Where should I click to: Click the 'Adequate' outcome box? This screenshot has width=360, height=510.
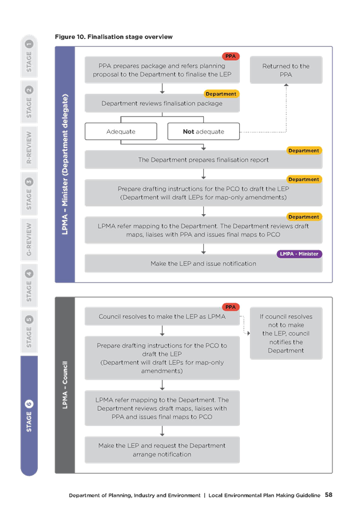[x=121, y=131]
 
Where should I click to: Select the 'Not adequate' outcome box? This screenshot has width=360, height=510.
[x=203, y=131]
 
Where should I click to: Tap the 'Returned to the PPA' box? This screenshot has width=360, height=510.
[x=286, y=70]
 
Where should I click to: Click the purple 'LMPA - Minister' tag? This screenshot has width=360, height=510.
[x=299, y=254]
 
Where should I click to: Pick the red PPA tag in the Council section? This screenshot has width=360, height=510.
[x=231, y=307]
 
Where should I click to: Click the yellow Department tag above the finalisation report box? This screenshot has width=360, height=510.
[x=304, y=150]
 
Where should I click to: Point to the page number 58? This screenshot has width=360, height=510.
[x=329, y=495]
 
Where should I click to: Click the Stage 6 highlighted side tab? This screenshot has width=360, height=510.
[x=29, y=416]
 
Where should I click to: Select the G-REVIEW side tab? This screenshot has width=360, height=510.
[x=29, y=239]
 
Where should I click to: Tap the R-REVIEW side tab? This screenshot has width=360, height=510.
[x=29, y=147]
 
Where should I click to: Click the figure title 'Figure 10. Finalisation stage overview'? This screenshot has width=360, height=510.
[x=114, y=37]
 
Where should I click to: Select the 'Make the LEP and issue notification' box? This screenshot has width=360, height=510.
[x=203, y=263]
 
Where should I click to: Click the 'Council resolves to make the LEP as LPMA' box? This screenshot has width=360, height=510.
[x=162, y=316]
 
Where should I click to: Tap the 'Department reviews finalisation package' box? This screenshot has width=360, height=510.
[x=162, y=103]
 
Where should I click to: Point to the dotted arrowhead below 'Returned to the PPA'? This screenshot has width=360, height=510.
[x=286, y=85]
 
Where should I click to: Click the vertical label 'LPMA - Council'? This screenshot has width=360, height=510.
[x=65, y=385]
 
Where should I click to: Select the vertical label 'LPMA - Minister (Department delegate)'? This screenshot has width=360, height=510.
[x=65, y=164]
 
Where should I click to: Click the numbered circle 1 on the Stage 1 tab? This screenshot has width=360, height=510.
[x=29, y=44]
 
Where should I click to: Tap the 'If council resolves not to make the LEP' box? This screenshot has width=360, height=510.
[x=286, y=333]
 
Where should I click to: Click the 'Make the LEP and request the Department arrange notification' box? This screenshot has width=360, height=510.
[x=162, y=450]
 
